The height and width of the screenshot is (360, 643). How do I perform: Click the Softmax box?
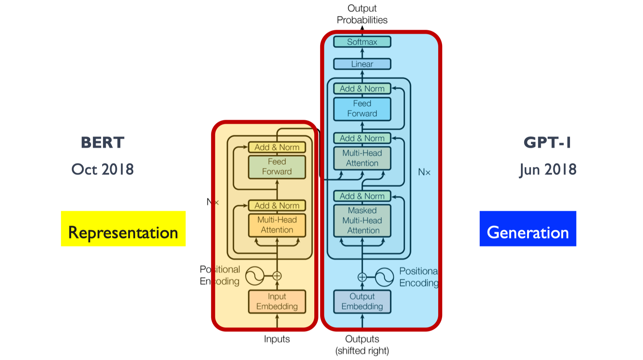pos(362,42)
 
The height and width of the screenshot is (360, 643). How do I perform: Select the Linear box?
pos(362,64)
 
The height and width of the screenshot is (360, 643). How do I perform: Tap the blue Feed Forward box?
pos(362,108)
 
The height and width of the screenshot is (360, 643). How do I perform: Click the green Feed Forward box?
pos(277,167)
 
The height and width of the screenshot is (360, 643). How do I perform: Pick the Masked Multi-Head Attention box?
pos(362,220)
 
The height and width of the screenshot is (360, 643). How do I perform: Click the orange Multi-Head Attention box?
pos(277,225)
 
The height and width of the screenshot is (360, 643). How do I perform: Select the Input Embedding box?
pos(277,301)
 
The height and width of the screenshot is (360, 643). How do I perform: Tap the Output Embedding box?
pos(362,301)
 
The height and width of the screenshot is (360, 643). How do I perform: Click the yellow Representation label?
pos(123,229)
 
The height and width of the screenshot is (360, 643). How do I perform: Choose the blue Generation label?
pos(528,229)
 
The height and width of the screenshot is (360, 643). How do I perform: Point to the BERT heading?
pos(103,142)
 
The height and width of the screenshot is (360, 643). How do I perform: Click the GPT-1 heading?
pos(547,142)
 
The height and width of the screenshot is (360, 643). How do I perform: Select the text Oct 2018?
pos(103,170)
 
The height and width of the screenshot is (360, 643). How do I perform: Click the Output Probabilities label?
pos(362,14)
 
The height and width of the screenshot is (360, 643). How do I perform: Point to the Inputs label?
pos(277,339)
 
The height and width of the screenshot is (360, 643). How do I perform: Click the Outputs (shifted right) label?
pos(362,345)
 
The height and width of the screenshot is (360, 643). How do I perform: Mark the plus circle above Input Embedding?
pos(277,276)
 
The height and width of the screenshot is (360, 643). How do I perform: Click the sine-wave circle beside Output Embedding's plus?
pos(384,277)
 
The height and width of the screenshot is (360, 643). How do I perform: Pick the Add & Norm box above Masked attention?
pos(362,196)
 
